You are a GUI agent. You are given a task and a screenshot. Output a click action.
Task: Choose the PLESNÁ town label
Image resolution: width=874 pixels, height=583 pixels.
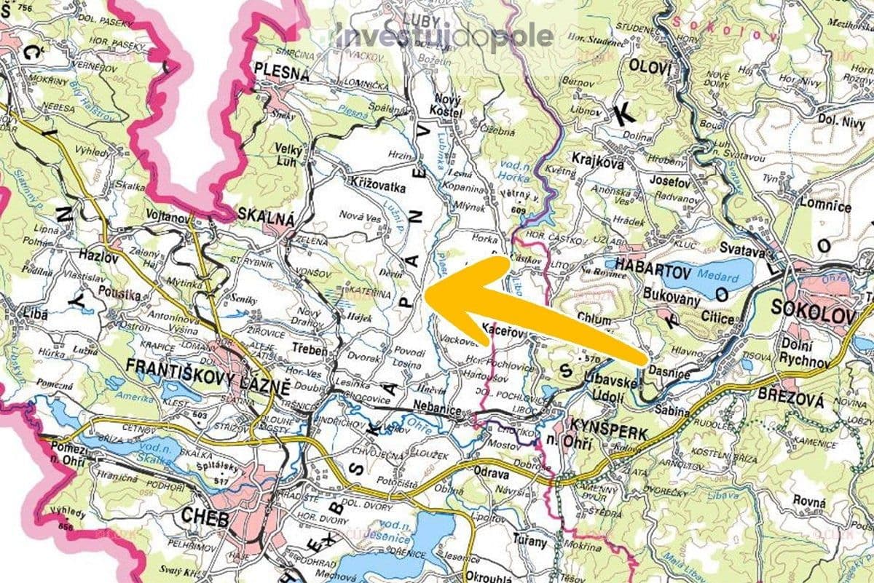pos(281,73)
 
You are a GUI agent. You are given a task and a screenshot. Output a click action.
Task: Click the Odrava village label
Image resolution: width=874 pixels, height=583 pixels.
pos(491,472)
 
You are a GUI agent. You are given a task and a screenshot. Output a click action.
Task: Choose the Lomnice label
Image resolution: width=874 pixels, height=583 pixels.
pos(824,207)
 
